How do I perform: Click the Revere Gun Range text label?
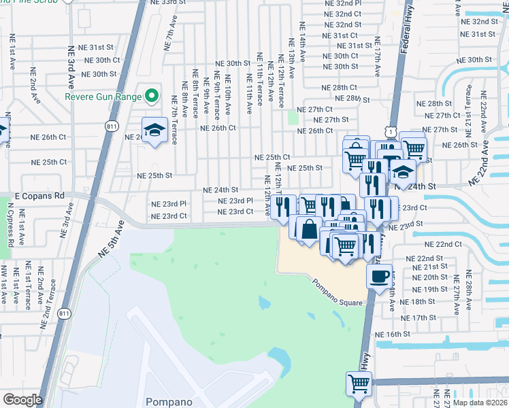(103, 96)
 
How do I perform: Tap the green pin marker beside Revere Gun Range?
(151, 96)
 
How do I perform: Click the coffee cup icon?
(380, 275)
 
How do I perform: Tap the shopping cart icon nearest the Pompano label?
(358, 382)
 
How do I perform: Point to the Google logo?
(22, 400)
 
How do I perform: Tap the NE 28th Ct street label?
(340, 88)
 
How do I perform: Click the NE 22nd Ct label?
(443, 244)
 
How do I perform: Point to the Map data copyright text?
(479, 403)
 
